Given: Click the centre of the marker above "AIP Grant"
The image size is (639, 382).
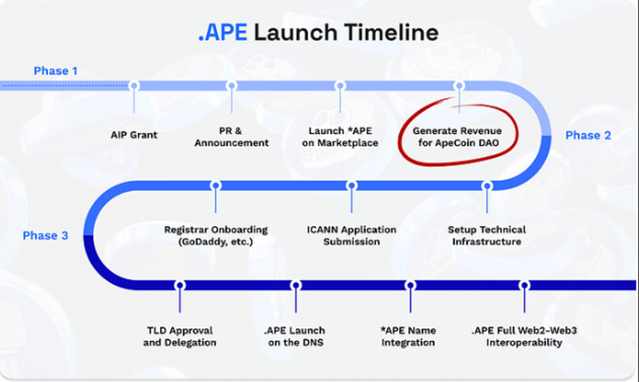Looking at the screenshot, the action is coord(134,86).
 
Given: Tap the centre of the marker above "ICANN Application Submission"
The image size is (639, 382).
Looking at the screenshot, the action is coord(351,185).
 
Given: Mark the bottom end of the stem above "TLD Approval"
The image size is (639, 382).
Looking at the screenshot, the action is coord(180,313).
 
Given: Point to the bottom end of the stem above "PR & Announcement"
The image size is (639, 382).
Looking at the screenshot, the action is coord(232,113).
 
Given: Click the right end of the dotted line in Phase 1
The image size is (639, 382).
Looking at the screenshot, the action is coord(127,86).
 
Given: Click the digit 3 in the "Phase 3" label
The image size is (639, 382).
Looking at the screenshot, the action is coord(65,235).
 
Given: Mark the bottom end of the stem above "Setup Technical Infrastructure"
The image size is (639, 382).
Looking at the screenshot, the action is coord(487,213).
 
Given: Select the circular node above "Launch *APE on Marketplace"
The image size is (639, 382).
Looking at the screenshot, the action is coord(340,86).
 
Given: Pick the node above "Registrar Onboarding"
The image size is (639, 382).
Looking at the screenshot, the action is coord(216,185).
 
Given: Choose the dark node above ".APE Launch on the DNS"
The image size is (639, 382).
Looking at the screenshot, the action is coord(296,285).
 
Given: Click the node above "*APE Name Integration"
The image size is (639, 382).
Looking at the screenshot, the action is coord(410,285).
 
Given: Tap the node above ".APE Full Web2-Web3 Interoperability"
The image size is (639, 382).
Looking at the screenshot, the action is coord(524,285).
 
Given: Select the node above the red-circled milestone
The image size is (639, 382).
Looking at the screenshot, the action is coord(459,86).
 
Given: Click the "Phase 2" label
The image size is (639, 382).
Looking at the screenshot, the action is coord(588,135).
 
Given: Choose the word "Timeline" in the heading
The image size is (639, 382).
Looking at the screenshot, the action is coord(391,32).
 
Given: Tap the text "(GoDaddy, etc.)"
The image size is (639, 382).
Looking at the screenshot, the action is coord(216,242).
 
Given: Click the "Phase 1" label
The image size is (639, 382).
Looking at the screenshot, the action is coord(56,71).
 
